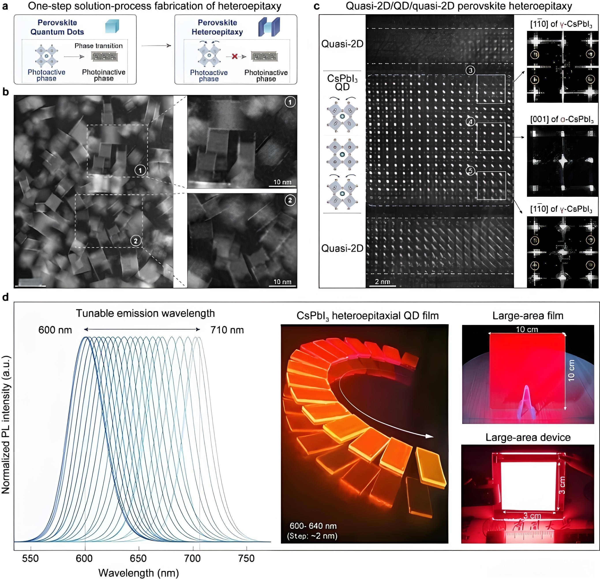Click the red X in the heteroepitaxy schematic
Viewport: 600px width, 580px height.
pos(234,56)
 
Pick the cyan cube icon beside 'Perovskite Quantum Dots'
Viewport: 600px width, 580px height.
pos(112,26)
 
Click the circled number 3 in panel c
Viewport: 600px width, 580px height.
pos(471,70)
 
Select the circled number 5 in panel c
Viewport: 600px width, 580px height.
pos(471,171)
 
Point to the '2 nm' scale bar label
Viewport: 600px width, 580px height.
pos(382,281)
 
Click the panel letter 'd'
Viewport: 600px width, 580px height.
pos(5,297)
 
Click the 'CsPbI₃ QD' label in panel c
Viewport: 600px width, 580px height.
pos(342,83)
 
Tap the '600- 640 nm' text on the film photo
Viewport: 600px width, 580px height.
pos(313,526)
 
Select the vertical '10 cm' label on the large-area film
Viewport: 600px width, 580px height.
pos(571,371)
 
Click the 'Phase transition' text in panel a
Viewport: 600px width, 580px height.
pos(99,46)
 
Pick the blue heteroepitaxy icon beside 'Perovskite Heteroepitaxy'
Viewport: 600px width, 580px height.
pos(269,27)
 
